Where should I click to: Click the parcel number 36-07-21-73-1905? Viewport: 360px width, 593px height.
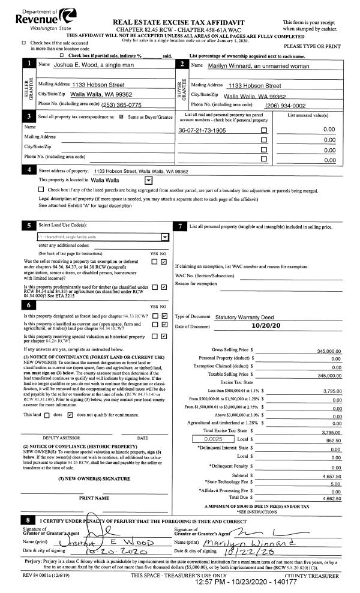point(202,130)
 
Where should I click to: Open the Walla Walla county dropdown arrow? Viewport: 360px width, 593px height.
point(148,180)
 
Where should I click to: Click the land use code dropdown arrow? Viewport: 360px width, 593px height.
point(165,237)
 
